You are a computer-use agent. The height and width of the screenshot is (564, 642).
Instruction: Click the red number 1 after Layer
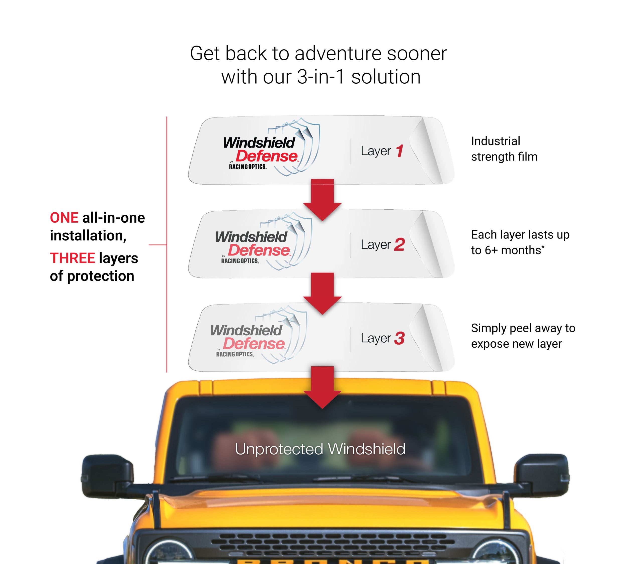click(x=399, y=151)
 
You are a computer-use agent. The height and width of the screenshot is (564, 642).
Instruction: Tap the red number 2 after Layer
click(x=399, y=245)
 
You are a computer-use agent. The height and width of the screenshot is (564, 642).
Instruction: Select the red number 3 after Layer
click(x=399, y=338)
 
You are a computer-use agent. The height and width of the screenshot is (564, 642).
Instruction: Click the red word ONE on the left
click(x=64, y=218)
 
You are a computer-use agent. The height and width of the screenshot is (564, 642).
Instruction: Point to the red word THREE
click(x=72, y=258)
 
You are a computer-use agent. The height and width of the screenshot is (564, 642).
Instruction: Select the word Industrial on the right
click(x=495, y=141)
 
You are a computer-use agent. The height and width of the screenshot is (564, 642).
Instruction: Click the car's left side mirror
click(x=107, y=475)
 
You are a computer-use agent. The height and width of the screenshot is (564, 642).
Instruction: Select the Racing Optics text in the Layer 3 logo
click(x=235, y=354)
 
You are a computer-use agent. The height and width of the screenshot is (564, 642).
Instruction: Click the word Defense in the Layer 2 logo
click(x=259, y=250)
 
